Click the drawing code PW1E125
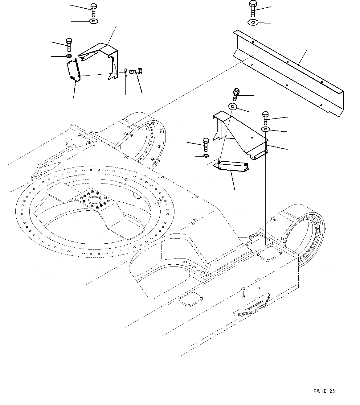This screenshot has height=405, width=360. tap(324, 391)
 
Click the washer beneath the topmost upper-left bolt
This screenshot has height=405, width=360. tap(93, 21)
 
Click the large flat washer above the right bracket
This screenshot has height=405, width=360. tap(233, 107)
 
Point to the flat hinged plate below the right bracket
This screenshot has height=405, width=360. tap(232, 166)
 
